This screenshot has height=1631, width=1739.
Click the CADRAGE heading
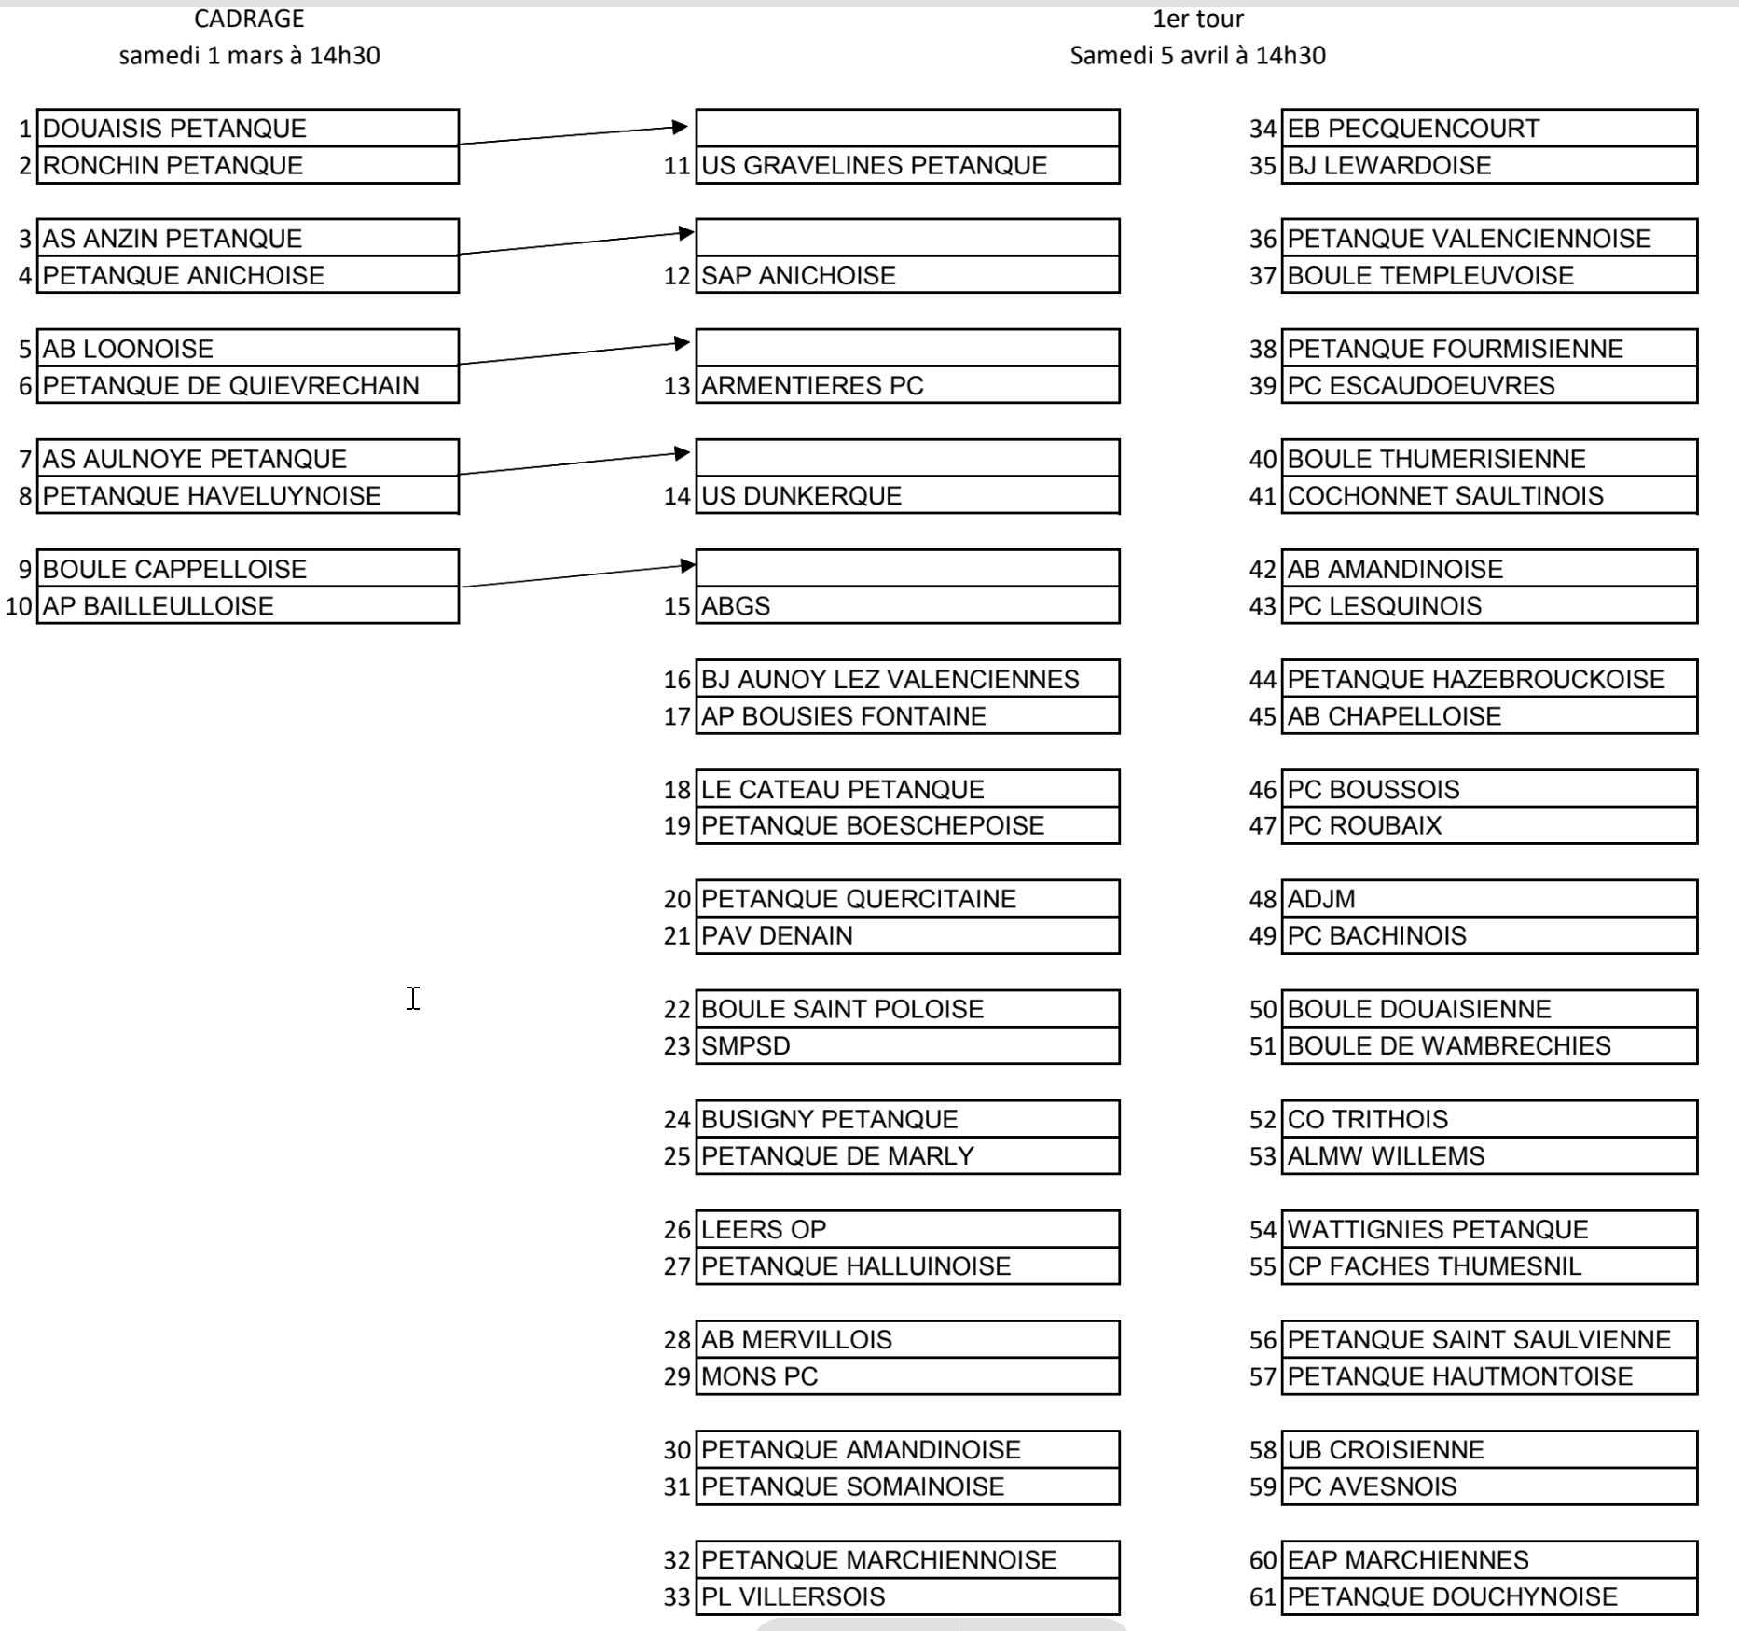pos(249,19)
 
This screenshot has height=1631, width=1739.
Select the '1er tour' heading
pos(1197,19)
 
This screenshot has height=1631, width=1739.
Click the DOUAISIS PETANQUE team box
pos(247,129)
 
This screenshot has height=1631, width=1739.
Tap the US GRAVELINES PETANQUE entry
pos(906,166)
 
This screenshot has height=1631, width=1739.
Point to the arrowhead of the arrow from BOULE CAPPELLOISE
pos(688,564)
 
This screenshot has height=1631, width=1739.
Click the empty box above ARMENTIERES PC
pos(906,348)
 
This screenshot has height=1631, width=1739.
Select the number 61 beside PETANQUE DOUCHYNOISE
pos(1263,1597)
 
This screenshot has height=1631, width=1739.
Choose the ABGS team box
pos(906,606)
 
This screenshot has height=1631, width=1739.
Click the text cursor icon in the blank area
pos(413,998)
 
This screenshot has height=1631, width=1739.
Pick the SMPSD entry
pos(906,1046)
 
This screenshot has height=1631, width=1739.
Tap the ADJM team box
pos(1489,899)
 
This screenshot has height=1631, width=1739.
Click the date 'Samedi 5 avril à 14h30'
pos(1197,56)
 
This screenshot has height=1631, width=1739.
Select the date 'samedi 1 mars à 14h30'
pos(249,56)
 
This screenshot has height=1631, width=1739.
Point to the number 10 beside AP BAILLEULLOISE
pos(19,606)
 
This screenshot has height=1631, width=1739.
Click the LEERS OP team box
pos(906,1230)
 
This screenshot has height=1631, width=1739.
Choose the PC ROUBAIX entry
pos(1489,826)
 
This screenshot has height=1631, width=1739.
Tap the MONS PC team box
pos(906,1376)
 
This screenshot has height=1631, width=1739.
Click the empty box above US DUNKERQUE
pos(906,458)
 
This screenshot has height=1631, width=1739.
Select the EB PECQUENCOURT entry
pos(1489,129)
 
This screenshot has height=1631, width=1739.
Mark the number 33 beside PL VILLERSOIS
pos(677,1597)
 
